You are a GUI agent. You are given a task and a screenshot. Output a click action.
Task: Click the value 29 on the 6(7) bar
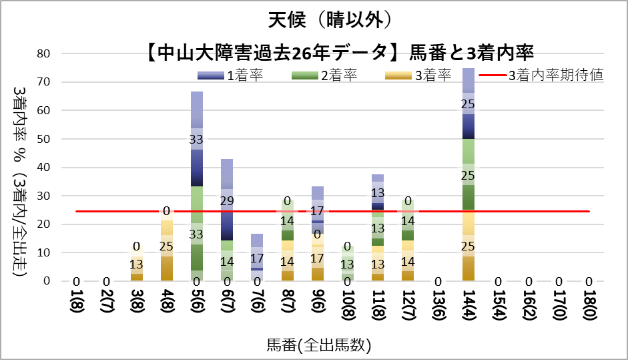[227, 200]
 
